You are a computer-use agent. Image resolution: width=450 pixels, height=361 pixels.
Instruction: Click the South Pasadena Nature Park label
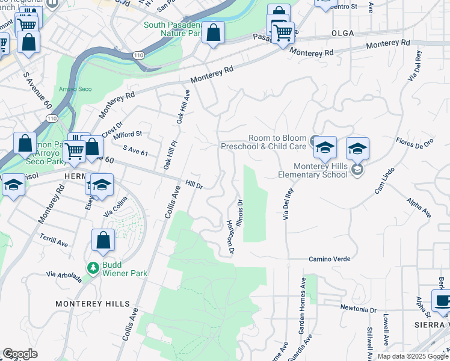point(173,29)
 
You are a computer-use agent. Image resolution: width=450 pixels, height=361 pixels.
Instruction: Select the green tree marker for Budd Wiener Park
point(93,267)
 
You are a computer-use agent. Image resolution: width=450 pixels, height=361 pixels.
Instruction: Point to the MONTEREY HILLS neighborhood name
point(92,304)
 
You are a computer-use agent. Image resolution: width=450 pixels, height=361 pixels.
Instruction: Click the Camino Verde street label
point(330,259)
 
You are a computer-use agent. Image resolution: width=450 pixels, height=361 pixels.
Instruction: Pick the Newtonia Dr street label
point(358,310)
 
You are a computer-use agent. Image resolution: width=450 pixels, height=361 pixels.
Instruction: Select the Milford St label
point(127,134)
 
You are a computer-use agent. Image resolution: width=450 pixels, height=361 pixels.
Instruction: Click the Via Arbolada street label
point(64,276)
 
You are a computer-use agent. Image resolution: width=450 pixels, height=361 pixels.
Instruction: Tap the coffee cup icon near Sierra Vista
point(442,301)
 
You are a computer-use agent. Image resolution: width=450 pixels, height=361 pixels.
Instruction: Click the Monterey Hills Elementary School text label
point(321,170)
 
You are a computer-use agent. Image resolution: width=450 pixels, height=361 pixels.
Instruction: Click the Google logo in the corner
point(20,354)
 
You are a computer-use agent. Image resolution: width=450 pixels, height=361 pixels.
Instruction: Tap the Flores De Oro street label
point(415,144)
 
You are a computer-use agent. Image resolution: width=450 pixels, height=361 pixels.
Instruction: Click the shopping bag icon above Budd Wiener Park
point(103,240)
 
